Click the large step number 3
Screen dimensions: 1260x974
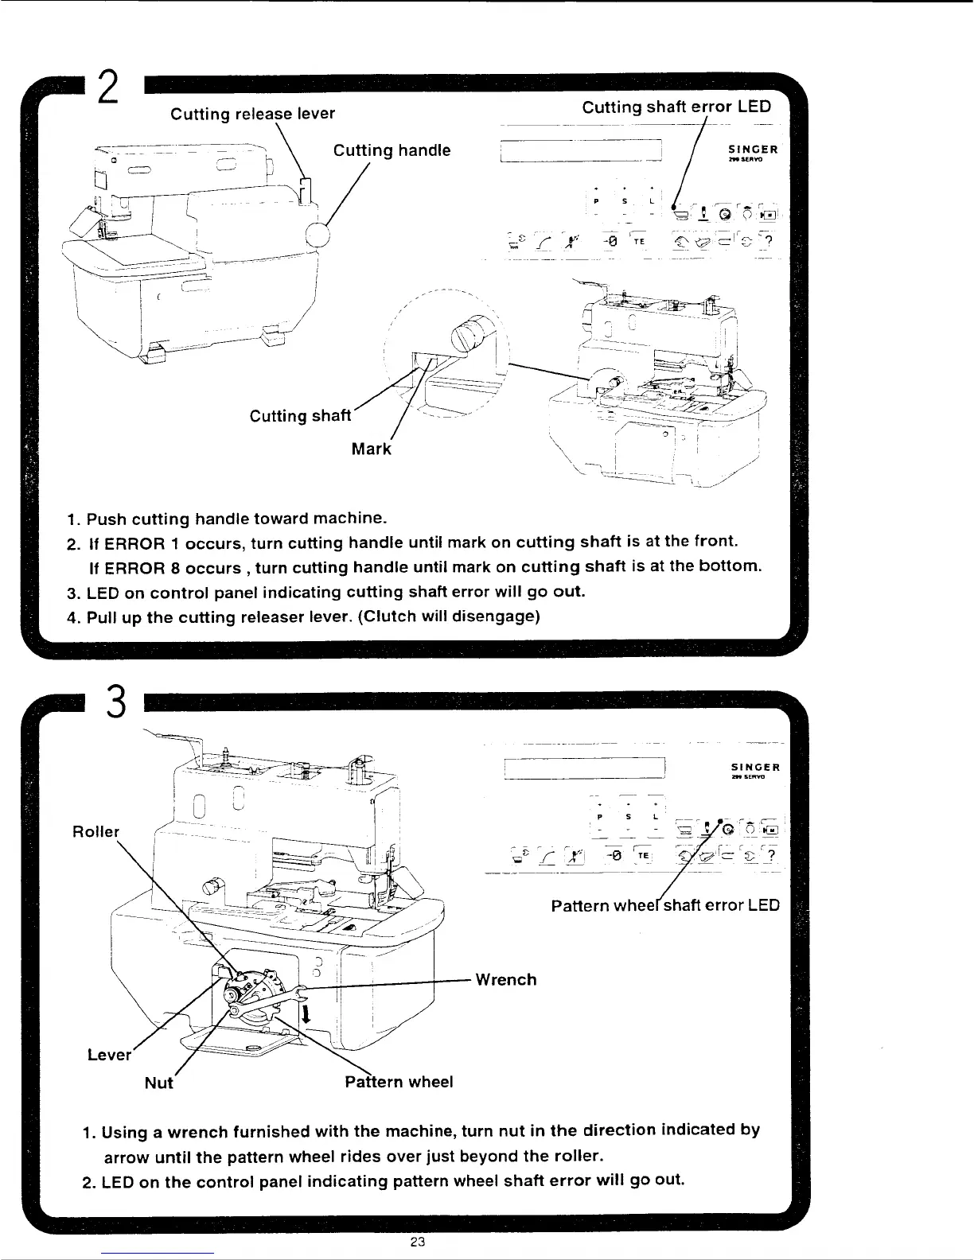pyautogui.click(x=116, y=701)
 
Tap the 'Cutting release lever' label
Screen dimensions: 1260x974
pyautogui.click(x=253, y=114)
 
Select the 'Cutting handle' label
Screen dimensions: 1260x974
pyautogui.click(x=392, y=150)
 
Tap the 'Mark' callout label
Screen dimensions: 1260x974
pyautogui.click(x=372, y=449)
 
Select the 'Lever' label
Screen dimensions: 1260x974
pyautogui.click(x=109, y=1055)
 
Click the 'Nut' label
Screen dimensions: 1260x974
pyautogui.click(x=158, y=1083)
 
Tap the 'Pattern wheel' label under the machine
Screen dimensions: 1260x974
pyautogui.click(x=399, y=1082)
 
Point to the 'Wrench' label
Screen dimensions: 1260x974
pyautogui.click(x=505, y=979)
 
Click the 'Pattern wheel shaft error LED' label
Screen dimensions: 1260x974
pyautogui.click(x=665, y=905)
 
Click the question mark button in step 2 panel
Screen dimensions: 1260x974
pyautogui.click(x=769, y=241)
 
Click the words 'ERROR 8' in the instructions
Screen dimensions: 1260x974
pyautogui.click(x=131, y=567)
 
